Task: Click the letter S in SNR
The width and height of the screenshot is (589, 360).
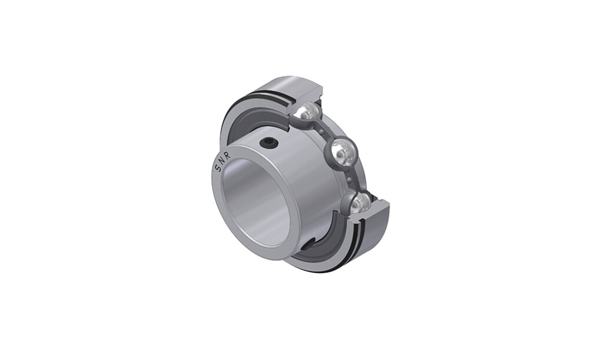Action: tap(219, 169)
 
